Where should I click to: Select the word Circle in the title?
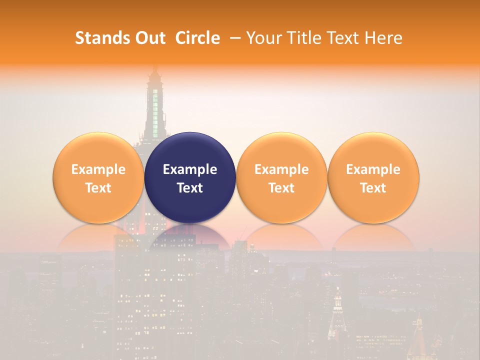coord(197,38)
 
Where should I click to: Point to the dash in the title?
coord(233,38)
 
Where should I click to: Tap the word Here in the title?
coord(383,38)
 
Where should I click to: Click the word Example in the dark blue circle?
coord(190,169)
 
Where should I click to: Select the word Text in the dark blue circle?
coord(190,188)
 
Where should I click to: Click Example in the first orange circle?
coord(98,169)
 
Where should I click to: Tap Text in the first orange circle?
coord(98,188)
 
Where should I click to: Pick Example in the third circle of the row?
coord(281,169)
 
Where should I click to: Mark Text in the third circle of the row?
coord(281,188)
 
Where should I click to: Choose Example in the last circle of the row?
coord(373,169)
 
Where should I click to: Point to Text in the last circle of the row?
coord(373,188)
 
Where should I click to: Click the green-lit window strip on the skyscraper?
coord(155,107)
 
